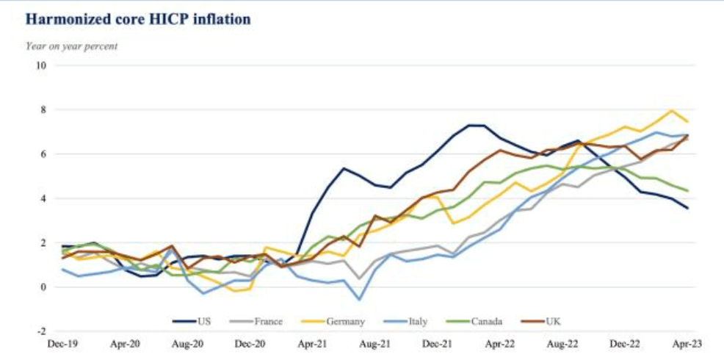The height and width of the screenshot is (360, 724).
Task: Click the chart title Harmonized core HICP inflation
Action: tap(139, 19)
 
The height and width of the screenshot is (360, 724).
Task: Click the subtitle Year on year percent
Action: tap(72, 46)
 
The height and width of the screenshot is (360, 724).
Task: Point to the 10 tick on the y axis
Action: tap(40, 65)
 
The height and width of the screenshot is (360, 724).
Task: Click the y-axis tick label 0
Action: tap(43, 287)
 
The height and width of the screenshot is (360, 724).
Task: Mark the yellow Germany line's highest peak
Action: tap(672, 111)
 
